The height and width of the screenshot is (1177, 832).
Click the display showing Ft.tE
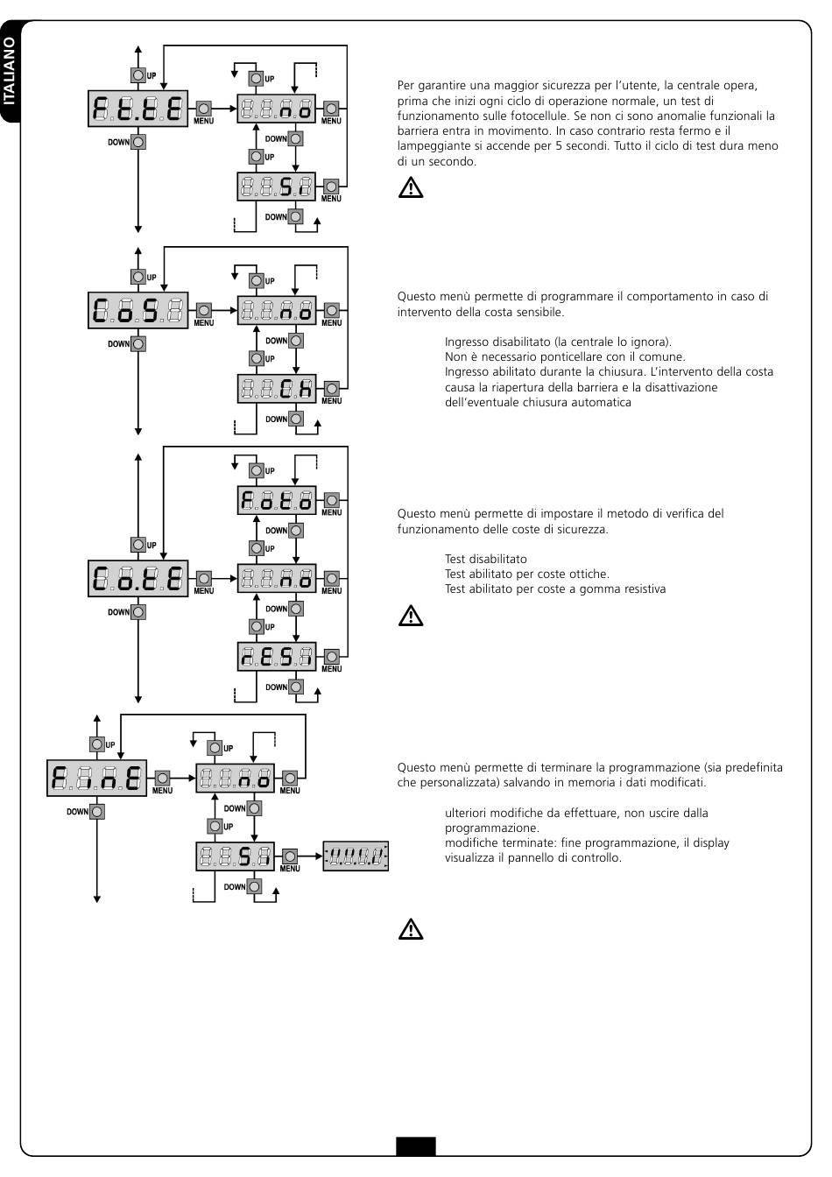[x=137, y=109]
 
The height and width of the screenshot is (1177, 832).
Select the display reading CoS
[x=137, y=311]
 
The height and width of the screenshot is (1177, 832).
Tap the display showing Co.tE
[x=137, y=579]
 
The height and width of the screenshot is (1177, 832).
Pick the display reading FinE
[x=96, y=778]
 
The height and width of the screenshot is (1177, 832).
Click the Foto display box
[x=277, y=500]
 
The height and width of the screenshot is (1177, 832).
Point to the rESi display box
[x=277, y=656]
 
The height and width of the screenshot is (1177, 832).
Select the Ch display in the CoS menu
[x=277, y=389]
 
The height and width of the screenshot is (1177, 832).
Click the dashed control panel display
[x=356, y=856]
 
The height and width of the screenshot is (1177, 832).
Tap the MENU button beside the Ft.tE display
[x=203, y=109]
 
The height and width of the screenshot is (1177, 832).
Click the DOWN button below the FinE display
[x=96, y=811]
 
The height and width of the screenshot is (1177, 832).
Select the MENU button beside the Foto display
[x=332, y=500]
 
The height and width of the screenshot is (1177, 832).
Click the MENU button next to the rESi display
[x=332, y=656]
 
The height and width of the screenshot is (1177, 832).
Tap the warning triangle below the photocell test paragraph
[x=411, y=187]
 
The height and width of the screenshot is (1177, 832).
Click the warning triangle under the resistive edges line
[x=411, y=616]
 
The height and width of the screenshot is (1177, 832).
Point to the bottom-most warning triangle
[x=411, y=928]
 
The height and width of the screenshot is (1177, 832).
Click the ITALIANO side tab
[x=10, y=72]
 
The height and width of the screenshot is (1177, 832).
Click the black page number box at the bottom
[x=416, y=1146]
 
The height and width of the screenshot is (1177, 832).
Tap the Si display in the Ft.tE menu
[x=277, y=187]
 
